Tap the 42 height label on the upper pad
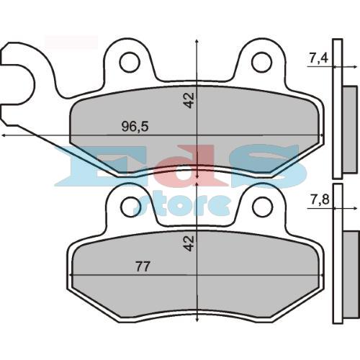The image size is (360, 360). (x=189, y=99)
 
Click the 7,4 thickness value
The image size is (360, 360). (x=318, y=58)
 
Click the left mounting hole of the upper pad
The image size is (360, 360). (x=130, y=63)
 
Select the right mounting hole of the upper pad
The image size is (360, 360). (x=261, y=63)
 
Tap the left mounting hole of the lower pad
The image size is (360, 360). (x=130, y=207)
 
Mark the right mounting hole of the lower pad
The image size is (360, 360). (x=261, y=207)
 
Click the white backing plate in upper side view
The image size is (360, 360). (x=336, y=108)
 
